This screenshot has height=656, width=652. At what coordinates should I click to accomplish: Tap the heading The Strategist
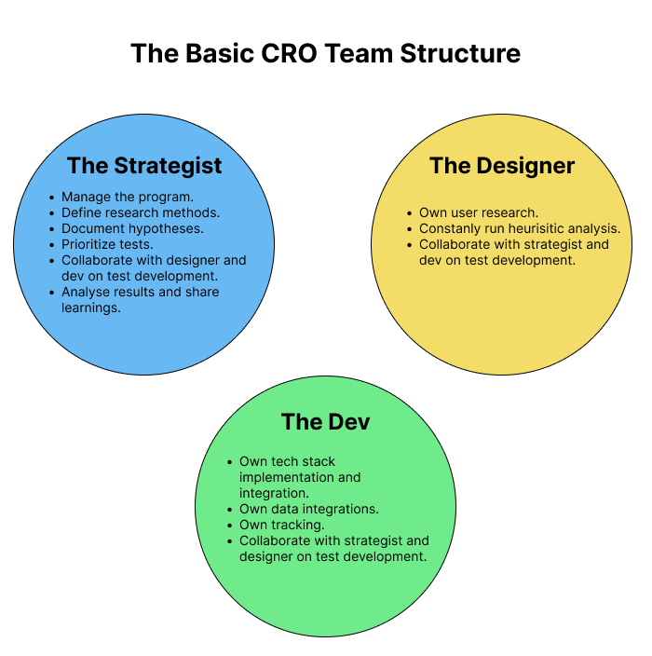[144, 166]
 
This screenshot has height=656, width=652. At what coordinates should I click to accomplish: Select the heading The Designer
[502, 166]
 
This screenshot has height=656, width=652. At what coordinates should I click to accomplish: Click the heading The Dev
[325, 422]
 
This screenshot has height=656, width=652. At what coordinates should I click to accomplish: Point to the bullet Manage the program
[127, 197]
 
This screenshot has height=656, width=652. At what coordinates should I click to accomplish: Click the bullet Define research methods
[141, 212]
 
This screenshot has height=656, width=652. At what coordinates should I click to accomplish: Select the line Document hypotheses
[132, 228]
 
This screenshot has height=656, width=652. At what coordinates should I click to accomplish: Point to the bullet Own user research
[479, 212]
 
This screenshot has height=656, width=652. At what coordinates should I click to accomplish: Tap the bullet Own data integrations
[308, 509]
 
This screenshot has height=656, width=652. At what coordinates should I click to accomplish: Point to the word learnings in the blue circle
[92, 307]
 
